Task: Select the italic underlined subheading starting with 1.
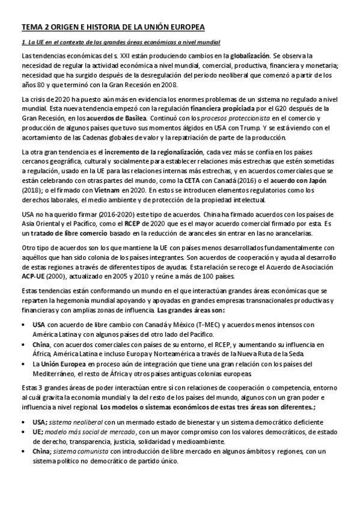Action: tap(121, 42)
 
